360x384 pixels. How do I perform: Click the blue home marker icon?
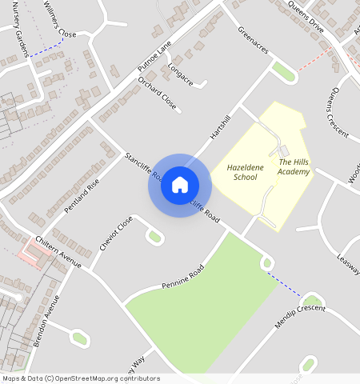pyautogui.click(x=180, y=185)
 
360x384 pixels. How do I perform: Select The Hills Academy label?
pyautogui.click(x=293, y=166)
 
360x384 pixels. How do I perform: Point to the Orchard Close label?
pyautogui.click(x=156, y=93)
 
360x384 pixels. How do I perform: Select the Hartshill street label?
pyautogui.click(x=219, y=127)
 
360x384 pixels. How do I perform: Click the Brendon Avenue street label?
pyautogui.click(x=46, y=320)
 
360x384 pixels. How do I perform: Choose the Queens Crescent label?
pyautogui.click(x=334, y=112)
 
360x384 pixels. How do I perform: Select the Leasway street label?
pyautogui.click(x=349, y=262)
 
